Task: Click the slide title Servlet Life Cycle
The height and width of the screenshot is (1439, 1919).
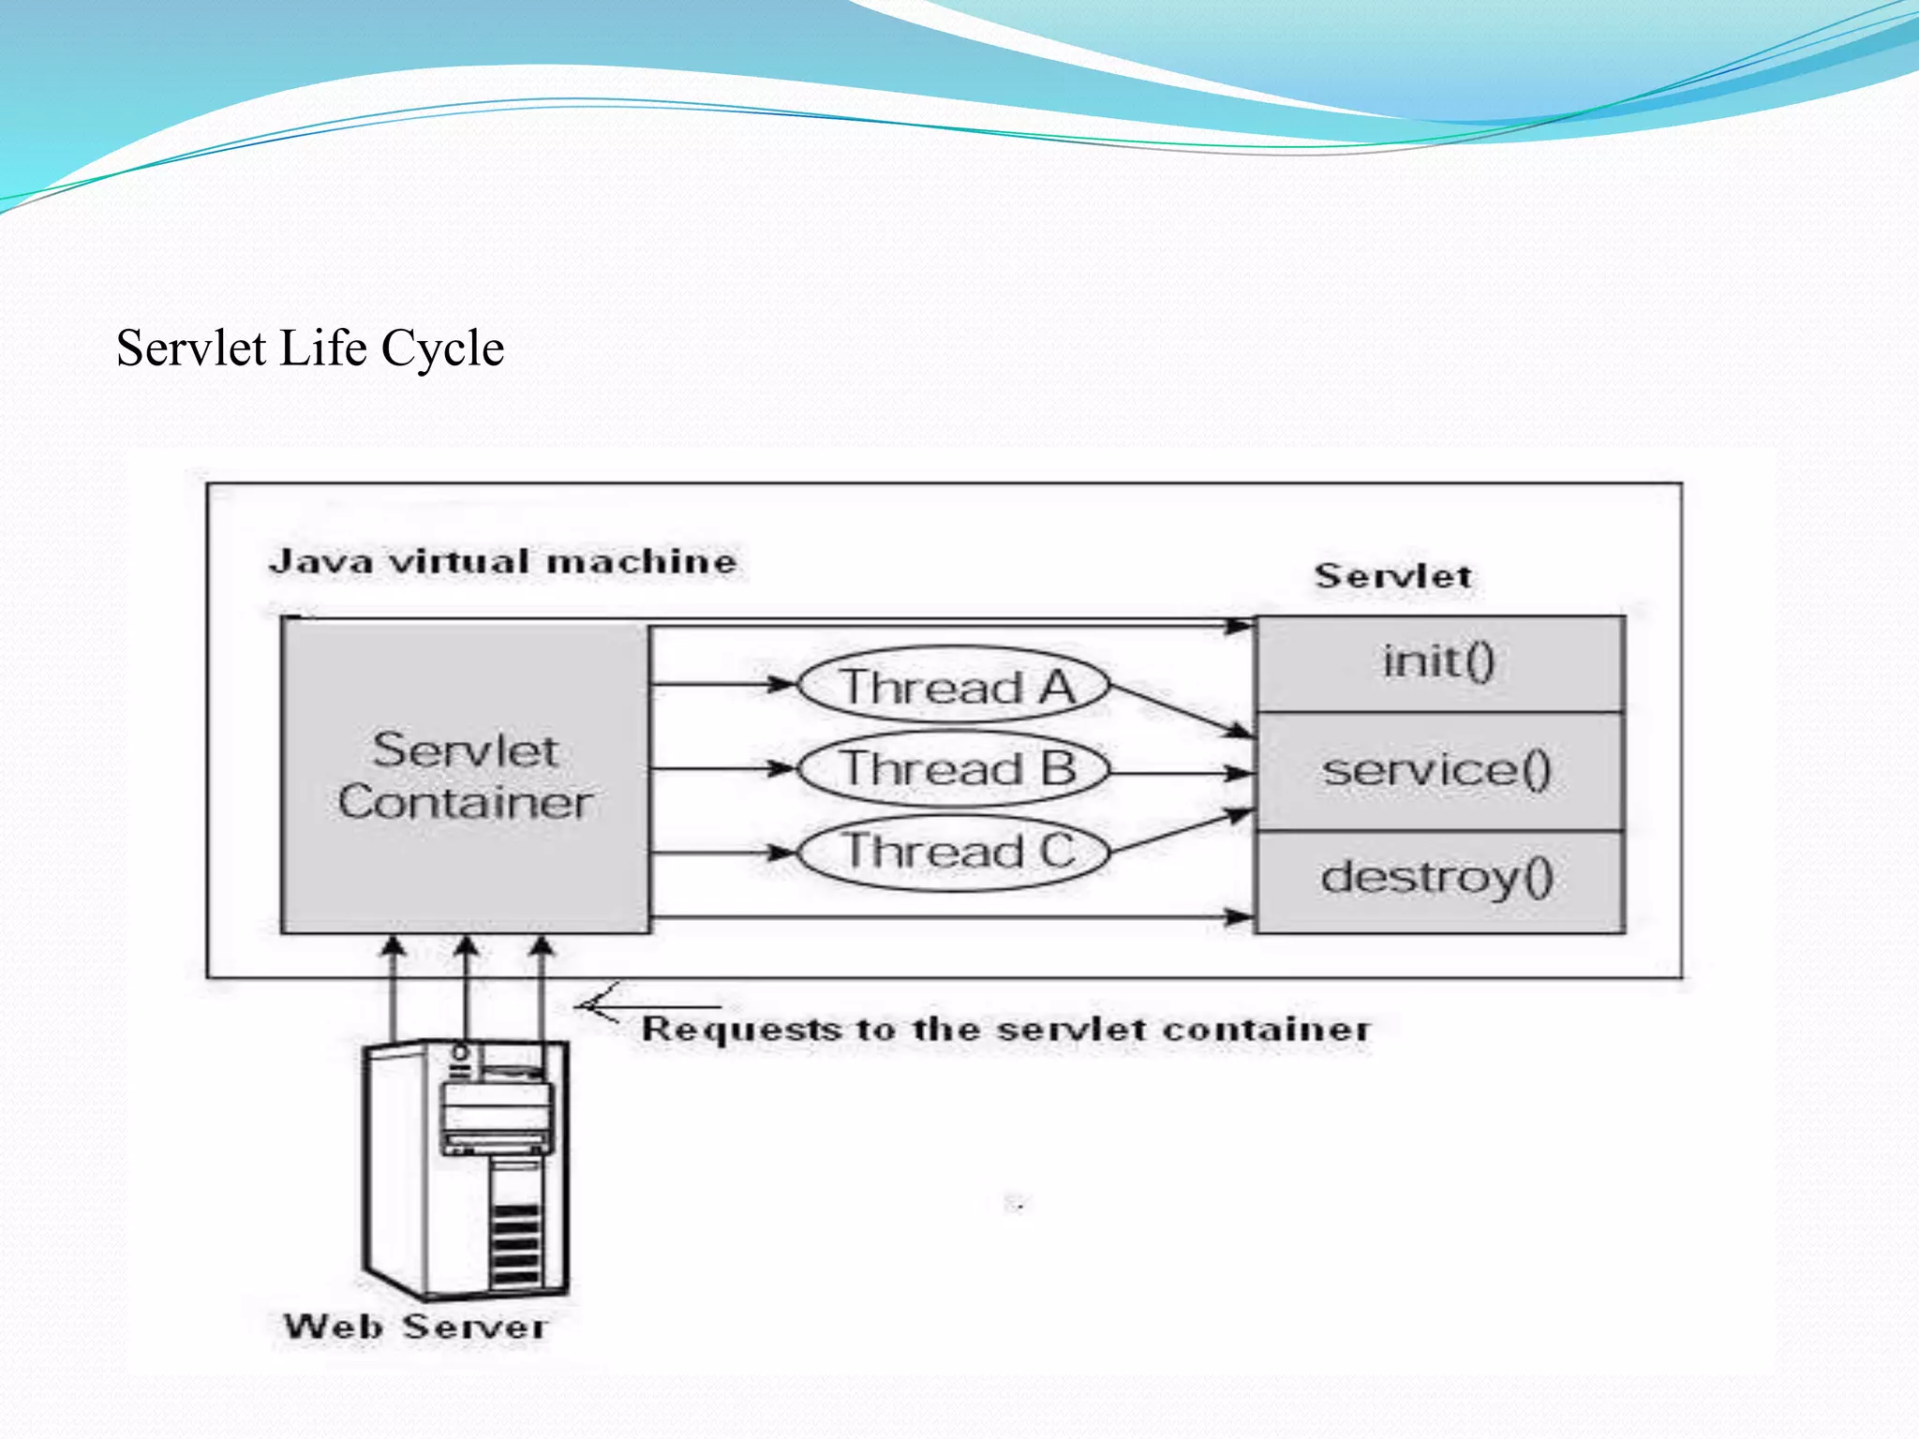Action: tap(310, 349)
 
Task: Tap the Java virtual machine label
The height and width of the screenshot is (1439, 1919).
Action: tap(502, 562)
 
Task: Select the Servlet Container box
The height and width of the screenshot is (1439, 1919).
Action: tap(465, 777)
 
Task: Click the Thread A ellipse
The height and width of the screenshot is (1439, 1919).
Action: tap(954, 686)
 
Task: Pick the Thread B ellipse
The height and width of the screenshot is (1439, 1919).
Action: tap(954, 769)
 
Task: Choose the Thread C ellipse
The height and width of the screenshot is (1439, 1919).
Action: tap(954, 852)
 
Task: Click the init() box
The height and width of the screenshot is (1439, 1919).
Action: tap(1438, 663)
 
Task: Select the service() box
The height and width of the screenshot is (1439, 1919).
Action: tap(1438, 771)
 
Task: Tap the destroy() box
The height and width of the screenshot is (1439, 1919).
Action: tap(1438, 879)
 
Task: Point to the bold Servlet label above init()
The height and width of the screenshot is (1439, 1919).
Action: tap(1392, 576)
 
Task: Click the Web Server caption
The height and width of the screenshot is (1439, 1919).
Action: tap(415, 1327)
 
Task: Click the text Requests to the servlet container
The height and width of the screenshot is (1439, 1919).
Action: tap(1004, 1030)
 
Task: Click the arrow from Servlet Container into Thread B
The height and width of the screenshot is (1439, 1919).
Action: tap(721, 769)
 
